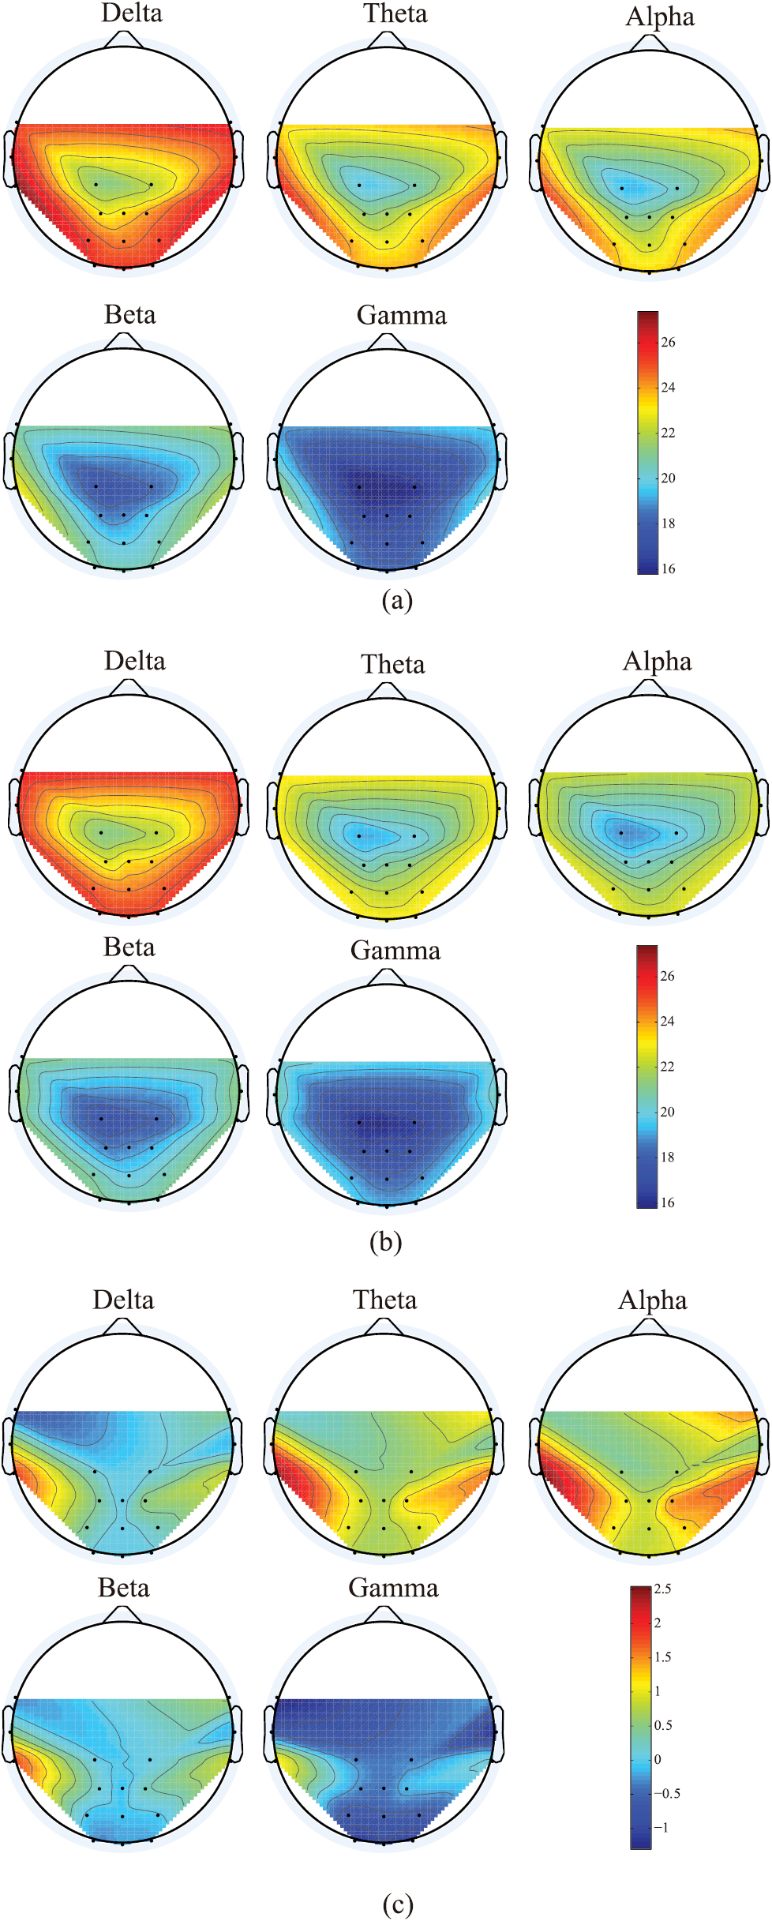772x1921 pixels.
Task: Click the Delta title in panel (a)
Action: [132, 13]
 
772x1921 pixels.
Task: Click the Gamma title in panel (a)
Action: [401, 316]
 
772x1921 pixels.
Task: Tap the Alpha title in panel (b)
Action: [657, 662]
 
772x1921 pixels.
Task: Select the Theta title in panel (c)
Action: [384, 1300]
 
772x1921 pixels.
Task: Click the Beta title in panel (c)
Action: [123, 1588]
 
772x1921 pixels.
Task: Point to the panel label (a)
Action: [396, 601]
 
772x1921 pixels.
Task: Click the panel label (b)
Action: [385, 1242]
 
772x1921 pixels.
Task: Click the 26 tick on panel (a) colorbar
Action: [668, 343]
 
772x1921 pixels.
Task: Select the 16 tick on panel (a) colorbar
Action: [668, 569]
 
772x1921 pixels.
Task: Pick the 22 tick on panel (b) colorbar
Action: [667, 1067]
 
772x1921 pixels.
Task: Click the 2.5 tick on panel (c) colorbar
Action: [662, 1589]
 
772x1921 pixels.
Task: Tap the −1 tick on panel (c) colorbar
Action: [661, 1827]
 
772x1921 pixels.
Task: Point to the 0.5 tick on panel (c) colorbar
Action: [663, 1725]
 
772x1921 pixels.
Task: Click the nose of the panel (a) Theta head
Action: [387, 39]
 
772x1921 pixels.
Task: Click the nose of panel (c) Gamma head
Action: [384, 1615]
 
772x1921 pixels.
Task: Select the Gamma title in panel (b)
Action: [395, 951]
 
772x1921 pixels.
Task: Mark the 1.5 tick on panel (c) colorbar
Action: [662, 1656]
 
